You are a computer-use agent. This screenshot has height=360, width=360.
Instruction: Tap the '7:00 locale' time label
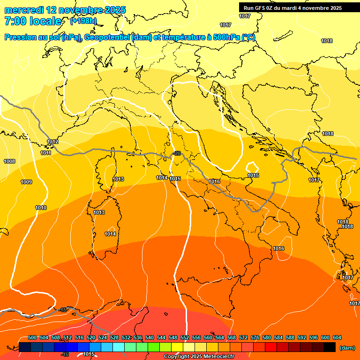[x=33, y=21]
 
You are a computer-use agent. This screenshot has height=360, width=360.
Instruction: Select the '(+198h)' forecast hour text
[x=83, y=21]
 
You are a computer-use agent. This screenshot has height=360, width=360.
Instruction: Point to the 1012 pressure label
[x=52, y=142]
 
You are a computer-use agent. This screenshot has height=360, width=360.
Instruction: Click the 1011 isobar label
[x=46, y=153]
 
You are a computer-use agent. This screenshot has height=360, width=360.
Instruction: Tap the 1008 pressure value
[x=9, y=161]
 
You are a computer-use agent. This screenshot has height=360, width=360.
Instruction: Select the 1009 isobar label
[x=26, y=182]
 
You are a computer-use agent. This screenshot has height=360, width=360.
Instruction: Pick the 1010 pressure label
[x=41, y=208]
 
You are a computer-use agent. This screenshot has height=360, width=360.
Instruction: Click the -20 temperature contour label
[x=177, y=153]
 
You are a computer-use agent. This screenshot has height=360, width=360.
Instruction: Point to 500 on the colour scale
[x=32, y=338]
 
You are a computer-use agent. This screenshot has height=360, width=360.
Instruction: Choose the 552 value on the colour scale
[x=185, y=338]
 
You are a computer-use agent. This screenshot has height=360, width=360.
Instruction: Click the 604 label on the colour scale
[x=337, y=338]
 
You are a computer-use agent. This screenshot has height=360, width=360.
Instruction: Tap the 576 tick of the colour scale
[x=255, y=338]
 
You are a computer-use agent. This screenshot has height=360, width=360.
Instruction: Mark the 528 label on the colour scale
[x=114, y=338]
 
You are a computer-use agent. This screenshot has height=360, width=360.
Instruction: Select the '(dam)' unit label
[x=347, y=348]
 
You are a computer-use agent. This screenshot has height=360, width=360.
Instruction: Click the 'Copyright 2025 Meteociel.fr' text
[x=199, y=357]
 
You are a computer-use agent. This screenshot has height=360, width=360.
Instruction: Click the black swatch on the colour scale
[x=330, y=347]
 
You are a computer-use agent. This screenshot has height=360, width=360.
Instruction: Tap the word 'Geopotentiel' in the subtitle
[x=107, y=37]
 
